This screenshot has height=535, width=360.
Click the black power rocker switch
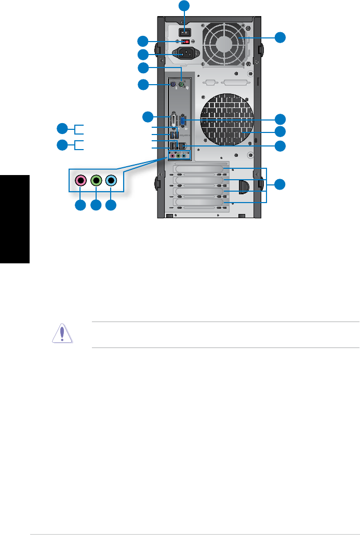coord(184,31)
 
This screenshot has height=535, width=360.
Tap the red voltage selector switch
coord(184,42)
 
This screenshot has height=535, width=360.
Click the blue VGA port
coord(184,123)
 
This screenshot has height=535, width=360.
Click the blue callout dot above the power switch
coord(184,6)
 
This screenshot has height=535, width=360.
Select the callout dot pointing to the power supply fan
coord(280,37)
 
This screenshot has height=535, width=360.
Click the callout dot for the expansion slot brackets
coord(280,183)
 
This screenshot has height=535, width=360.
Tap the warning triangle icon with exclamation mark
coord(62,333)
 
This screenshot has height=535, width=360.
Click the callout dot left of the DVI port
coord(149,117)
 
